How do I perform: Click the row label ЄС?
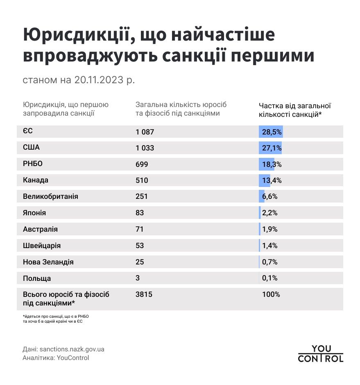(28, 132)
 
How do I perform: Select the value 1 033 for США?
(145, 148)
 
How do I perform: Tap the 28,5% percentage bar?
(271, 132)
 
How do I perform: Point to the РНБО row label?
(33, 164)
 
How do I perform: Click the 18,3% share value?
(270, 164)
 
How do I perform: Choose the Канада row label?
(36, 180)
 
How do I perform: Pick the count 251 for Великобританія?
(141, 196)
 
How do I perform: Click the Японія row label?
(34, 213)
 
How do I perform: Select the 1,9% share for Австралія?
(269, 229)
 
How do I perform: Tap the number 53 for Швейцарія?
(140, 246)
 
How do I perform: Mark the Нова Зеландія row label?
(48, 262)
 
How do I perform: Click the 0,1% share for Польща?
(269, 278)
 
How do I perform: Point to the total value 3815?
(144, 294)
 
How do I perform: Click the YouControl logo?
(320, 354)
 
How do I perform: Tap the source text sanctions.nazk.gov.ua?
(72, 349)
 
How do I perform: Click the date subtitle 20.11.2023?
(98, 80)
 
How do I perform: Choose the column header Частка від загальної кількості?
(294, 109)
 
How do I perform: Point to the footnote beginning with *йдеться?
(55, 319)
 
